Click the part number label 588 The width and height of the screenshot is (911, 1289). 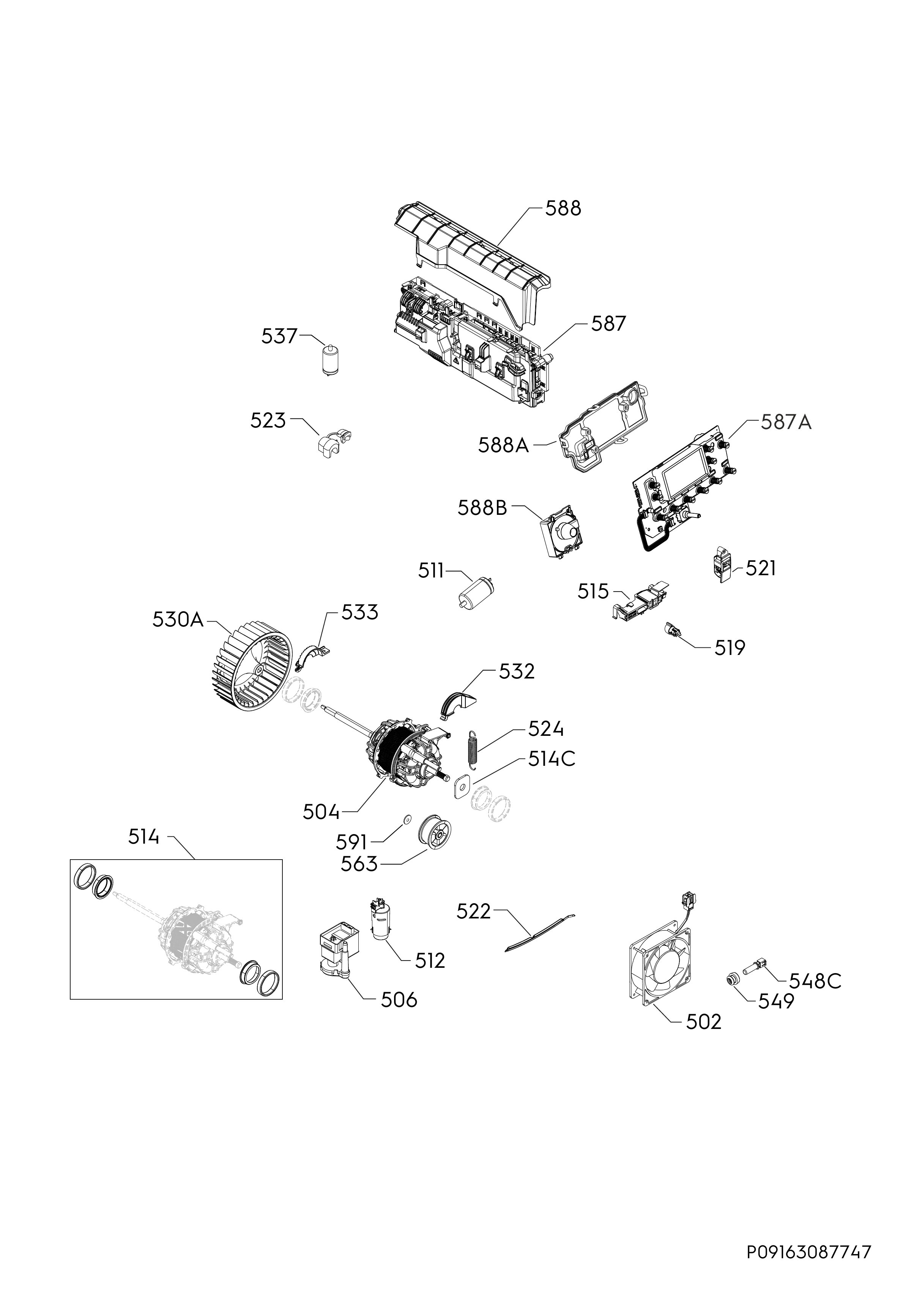tap(564, 208)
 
